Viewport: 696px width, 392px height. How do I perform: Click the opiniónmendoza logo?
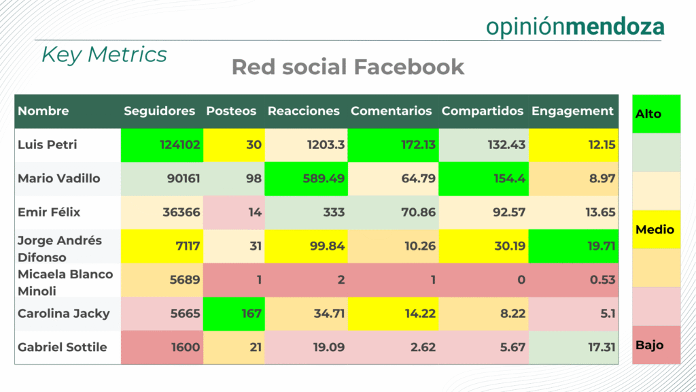point(575,27)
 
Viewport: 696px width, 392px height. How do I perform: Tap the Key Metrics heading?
point(104,54)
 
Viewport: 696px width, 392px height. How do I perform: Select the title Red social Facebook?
point(348,67)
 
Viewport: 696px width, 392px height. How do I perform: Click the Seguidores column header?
point(159,111)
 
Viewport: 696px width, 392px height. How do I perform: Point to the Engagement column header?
point(572,111)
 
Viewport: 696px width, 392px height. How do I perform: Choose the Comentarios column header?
point(391,111)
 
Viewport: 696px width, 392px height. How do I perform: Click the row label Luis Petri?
point(48,144)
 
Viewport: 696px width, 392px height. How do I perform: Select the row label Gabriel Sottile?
point(63,347)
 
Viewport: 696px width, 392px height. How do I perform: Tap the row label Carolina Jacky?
point(64,313)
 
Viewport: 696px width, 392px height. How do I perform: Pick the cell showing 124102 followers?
point(162,145)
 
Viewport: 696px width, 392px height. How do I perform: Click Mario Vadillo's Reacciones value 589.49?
point(307,179)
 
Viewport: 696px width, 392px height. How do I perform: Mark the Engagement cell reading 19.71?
point(574,246)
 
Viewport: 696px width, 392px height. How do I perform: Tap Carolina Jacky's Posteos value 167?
point(234,314)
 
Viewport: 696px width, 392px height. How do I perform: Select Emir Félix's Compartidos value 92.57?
point(484,212)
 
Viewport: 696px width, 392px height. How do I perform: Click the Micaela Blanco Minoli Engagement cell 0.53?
point(574,280)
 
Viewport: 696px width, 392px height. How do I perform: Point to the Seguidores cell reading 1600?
point(162,348)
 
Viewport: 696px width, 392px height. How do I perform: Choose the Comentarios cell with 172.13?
point(394,145)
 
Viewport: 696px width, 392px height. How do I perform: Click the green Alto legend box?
point(656,114)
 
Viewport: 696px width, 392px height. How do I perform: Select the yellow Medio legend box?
point(656,229)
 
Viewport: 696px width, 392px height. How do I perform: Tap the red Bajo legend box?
point(656,345)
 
